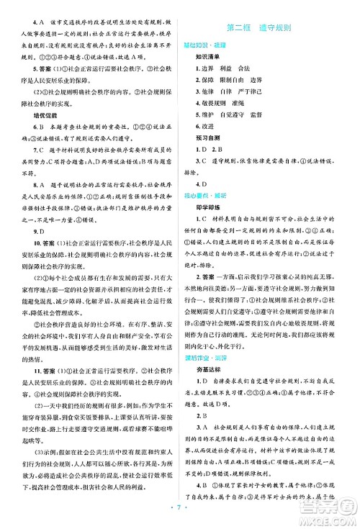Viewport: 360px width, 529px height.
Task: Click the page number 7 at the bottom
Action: [x=180, y=517]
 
